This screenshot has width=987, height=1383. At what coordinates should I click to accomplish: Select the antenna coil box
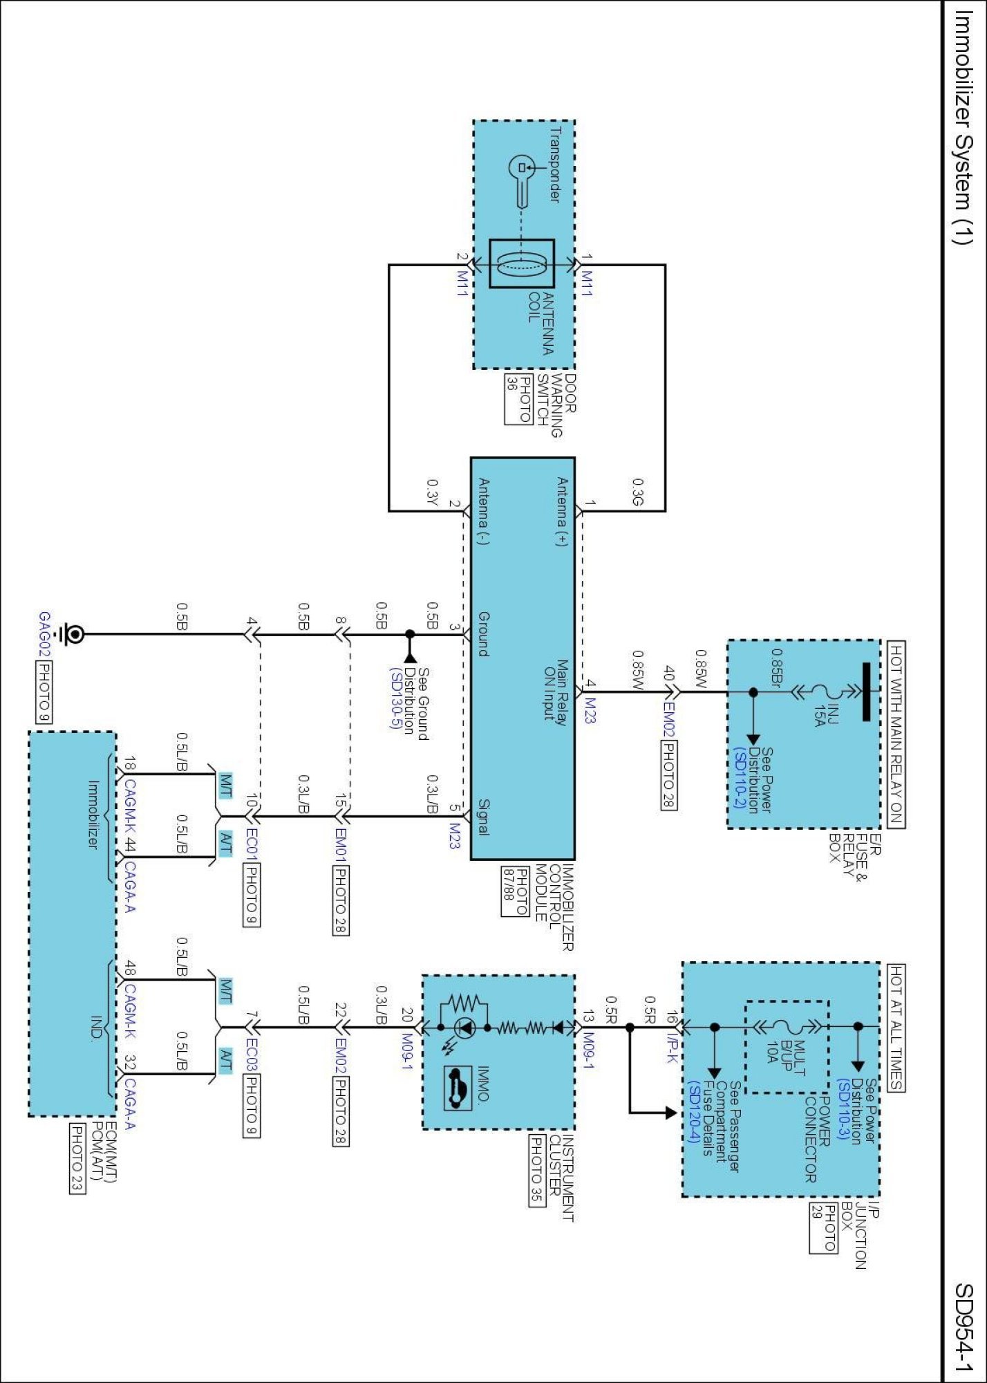(x=522, y=263)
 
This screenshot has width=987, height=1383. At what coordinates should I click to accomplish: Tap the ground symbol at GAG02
(x=73, y=634)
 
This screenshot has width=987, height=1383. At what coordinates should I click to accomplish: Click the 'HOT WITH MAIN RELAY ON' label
(x=895, y=734)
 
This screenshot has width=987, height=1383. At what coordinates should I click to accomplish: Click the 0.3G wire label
(x=637, y=492)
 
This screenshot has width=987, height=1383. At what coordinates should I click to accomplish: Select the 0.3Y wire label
(x=433, y=492)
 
